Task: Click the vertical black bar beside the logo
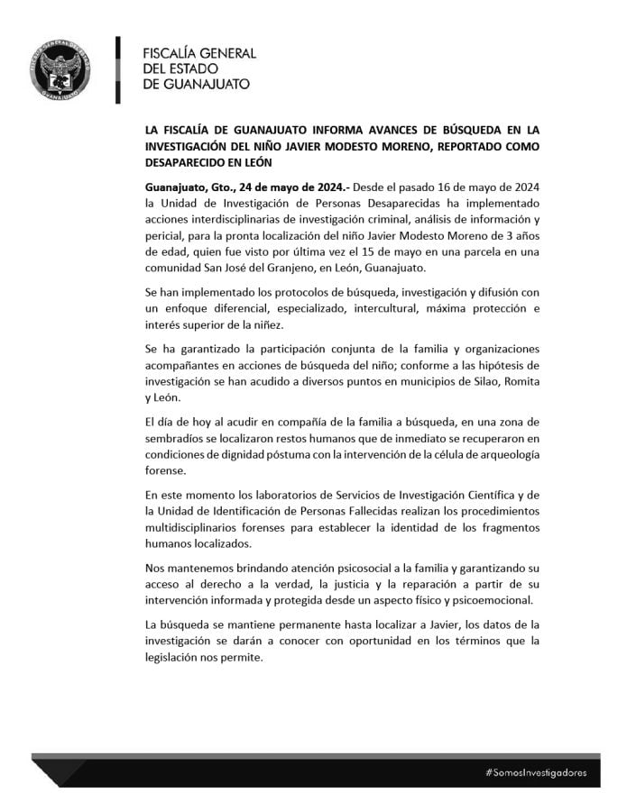(119, 68)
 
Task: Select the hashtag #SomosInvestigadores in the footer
(536, 772)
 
